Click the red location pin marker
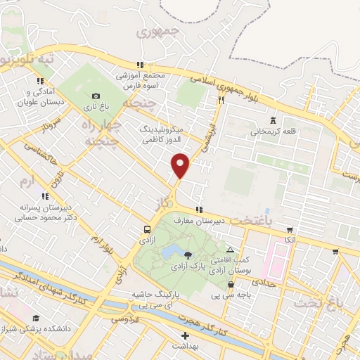pyautogui.click(x=181, y=165)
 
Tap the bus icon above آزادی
pyautogui.click(x=147, y=229)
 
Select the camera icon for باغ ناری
pyautogui.click(x=96, y=96)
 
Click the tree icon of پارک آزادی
pyautogui.click(x=187, y=255)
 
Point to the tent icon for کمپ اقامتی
pyautogui.click(x=230, y=250)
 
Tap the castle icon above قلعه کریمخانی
pyautogui.click(x=272, y=120)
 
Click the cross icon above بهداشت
pyautogui.click(x=185, y=336)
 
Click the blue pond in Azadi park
pyautogui.click(x=170, y=252)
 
